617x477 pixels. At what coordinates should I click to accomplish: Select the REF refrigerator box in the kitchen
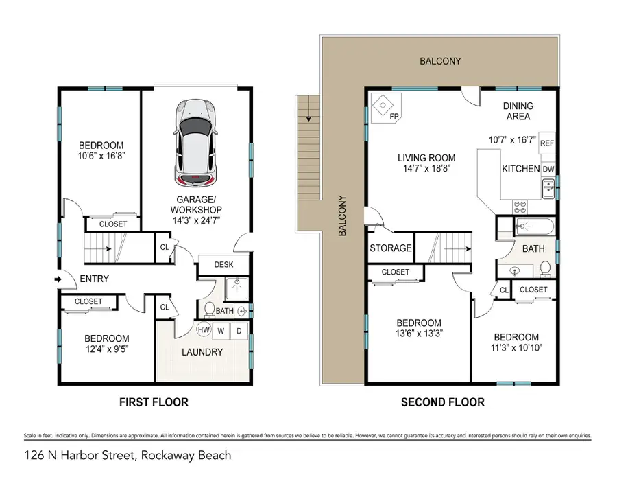(x=546, y=143)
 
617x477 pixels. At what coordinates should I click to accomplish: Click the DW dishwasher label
(x=548, y=169)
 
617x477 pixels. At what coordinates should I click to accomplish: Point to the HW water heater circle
(x=204, y=329)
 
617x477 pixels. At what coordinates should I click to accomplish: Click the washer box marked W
(x=222, y=329)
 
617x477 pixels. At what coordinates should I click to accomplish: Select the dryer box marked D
(x=239, y=329)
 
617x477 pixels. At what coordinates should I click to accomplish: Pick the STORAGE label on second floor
(x=391, y=248)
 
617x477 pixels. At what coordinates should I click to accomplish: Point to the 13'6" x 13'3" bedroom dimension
(x=418, y=336)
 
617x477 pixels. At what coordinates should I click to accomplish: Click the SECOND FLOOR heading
(x=442, y=402)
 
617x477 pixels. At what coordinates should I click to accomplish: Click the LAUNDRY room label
(x=203, y=352)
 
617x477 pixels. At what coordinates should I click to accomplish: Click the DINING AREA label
(x=518, y=111)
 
